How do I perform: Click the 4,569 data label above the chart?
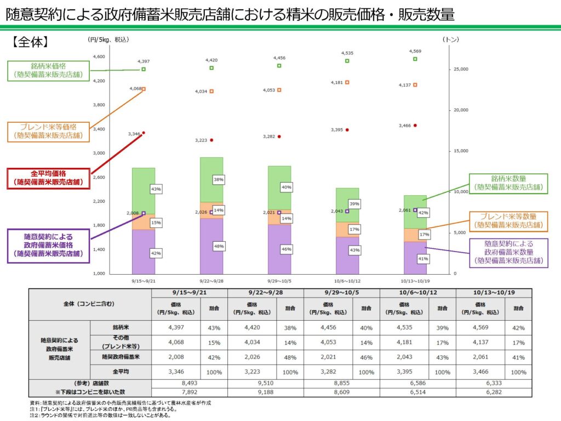coord(415,52)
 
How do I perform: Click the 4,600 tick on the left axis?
coord(99,57)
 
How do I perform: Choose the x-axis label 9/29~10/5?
coord(279,279)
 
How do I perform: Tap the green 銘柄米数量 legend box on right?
coord(509,183)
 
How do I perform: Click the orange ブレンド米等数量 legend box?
coord(509,220)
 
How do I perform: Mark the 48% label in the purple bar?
coord(219,247)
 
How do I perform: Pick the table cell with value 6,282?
coord(494,392)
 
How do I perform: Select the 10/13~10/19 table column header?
coord(494,293)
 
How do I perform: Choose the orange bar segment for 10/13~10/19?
coord(415,235)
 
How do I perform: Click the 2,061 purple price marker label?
coord(404,210)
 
